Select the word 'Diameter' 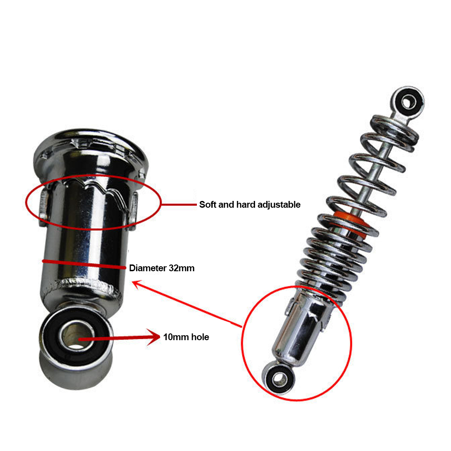pyautogui.click(x=147, y=268)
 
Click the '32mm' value pyautogui.click(x=182, y=268)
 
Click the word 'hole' pyautogui.click(x=200, y=337)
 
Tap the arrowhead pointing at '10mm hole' pyautogui.click(x=153, y=337)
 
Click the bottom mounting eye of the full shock pyautogui.click(x=278, y=378)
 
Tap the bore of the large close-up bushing pyautogui.click(x=75, y=335)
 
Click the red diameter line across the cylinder pyautogui.click(x=84, y=264)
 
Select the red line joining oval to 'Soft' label pyautogui.click(x=179, y=205)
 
